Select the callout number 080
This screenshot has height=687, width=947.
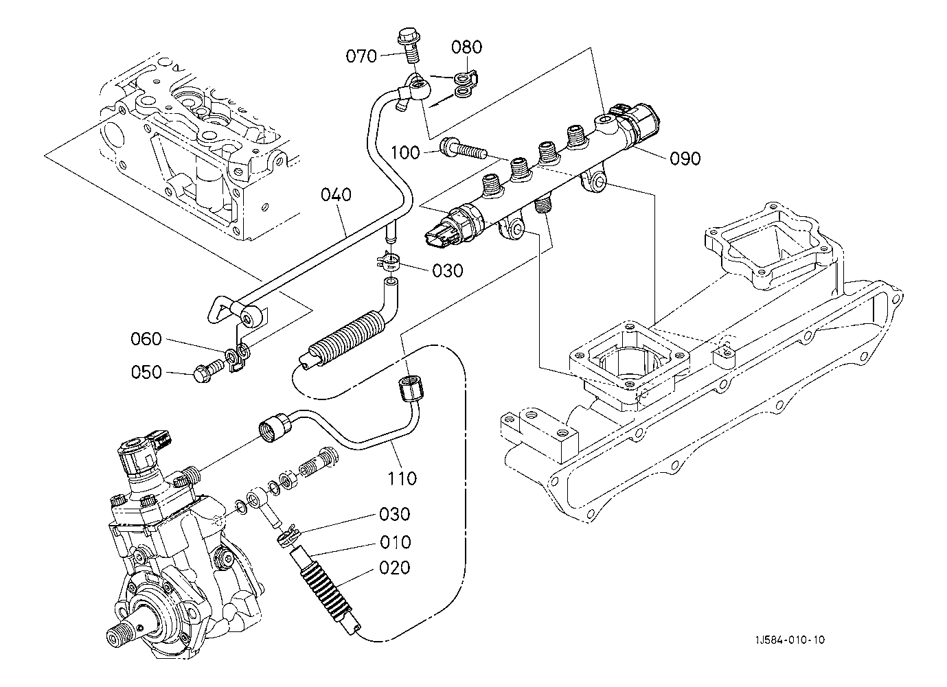[467, 47]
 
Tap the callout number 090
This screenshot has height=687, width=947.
[685, 159]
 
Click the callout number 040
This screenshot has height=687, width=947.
[336, 195]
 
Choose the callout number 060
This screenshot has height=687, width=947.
[146, 339]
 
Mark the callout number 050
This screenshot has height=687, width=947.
[146, 372]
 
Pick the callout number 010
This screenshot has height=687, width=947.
[395, 542]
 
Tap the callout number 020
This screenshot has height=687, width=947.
[395, 568]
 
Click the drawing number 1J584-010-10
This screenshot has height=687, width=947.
[790, 640]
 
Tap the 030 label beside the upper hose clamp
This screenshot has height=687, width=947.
[448, 270]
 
